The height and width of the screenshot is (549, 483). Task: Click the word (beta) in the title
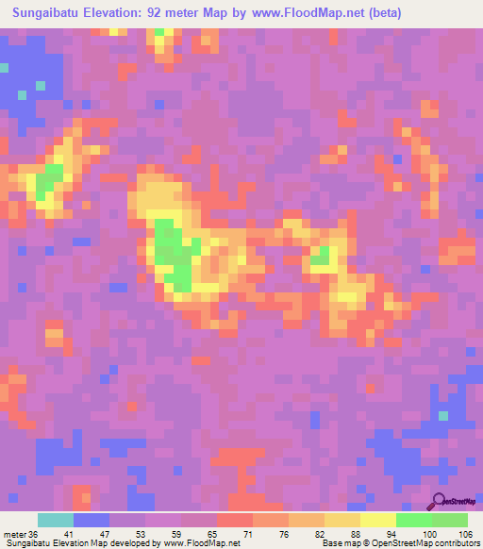point(402,13)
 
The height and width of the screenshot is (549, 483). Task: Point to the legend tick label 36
point(36,536)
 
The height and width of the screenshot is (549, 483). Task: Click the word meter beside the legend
point(14,536)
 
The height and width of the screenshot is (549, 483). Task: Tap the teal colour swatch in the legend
point(55,520)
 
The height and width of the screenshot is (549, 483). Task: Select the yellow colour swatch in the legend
point(376,520)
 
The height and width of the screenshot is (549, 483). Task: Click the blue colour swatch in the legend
point(91,520)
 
